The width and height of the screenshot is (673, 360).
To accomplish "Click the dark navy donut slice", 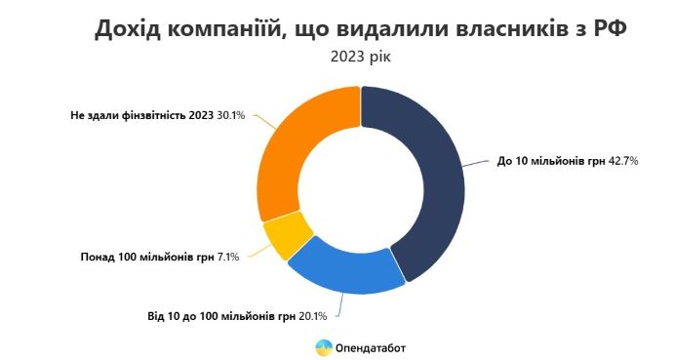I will [429, 176].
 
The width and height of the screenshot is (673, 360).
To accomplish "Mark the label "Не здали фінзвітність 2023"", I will [141, 115].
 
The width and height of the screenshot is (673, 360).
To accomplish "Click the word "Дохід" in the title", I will [133, 28].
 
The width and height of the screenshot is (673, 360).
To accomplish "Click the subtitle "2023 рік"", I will [361, 58].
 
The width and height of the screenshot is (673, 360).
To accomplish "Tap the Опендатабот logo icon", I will [323, 346].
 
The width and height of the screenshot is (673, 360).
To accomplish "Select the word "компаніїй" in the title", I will [228, 28].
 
